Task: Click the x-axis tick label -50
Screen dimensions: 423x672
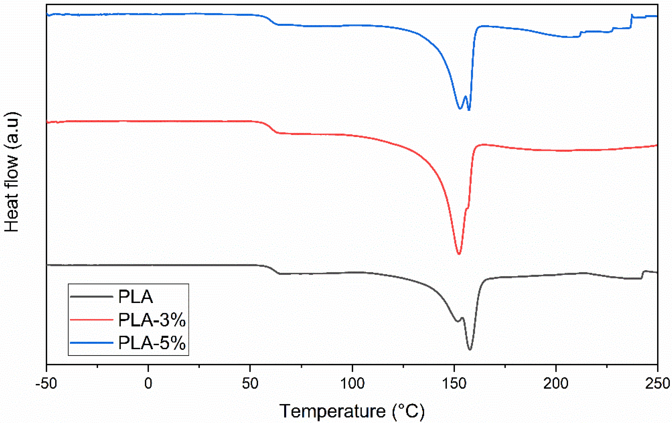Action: pyautogui.click(x=46, y=384)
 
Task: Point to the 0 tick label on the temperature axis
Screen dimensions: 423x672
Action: pyautogui.click(x=148, y=384)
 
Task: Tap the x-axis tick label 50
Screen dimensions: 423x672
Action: pyautogui.click(x=250, y=384)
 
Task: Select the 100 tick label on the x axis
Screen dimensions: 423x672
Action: pyautogui.click(x=352, y=384)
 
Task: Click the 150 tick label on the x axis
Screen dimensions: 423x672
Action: pyautogui.click(x=454, y=384)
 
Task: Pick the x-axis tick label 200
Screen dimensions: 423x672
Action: pyautogui.click(x=556, y=384)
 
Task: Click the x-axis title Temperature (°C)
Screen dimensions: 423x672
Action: pyautogui.click(x=352, y=411)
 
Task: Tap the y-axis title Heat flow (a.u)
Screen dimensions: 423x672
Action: pyautogui.click(x=12, y=172)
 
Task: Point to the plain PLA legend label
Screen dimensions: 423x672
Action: pyautogui.click(x=136, y=297)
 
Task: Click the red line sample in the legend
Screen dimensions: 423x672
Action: pyautogui.click(x=92, y=320)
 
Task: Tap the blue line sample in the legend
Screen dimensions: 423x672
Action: pyautogui.click(x=92, y=343)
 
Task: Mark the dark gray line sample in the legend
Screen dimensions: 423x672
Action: pyautogui.click(x=92, y=297)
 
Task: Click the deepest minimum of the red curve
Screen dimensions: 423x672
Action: pyautogui.click(x=459, y=254)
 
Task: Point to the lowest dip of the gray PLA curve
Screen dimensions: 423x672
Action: pyautogui.click(x=470, y=350)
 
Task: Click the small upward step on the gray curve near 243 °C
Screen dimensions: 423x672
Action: pyautogui.click(x=642, y=275)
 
